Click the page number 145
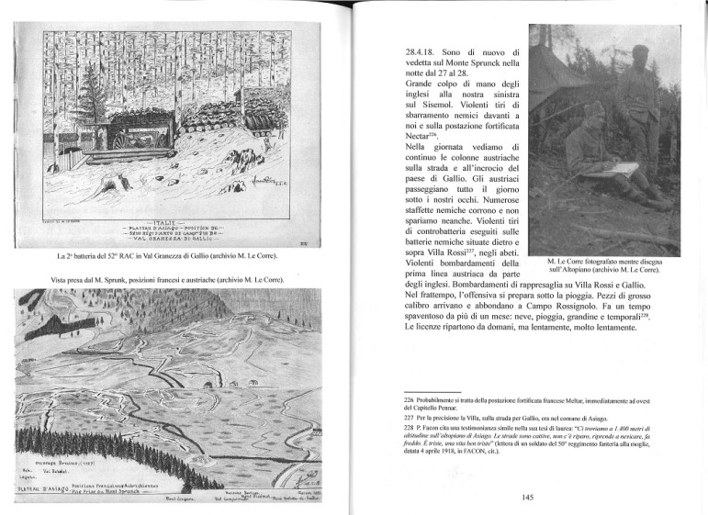[x=527, y=498]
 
